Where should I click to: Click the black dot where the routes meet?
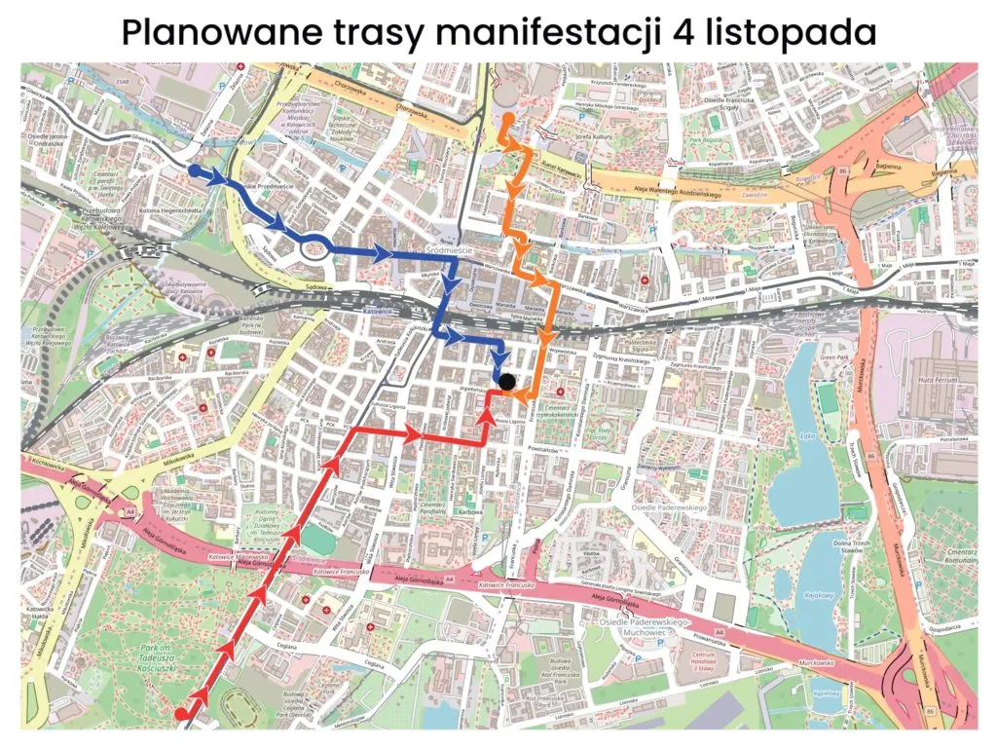507,382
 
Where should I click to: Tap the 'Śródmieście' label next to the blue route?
450,249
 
